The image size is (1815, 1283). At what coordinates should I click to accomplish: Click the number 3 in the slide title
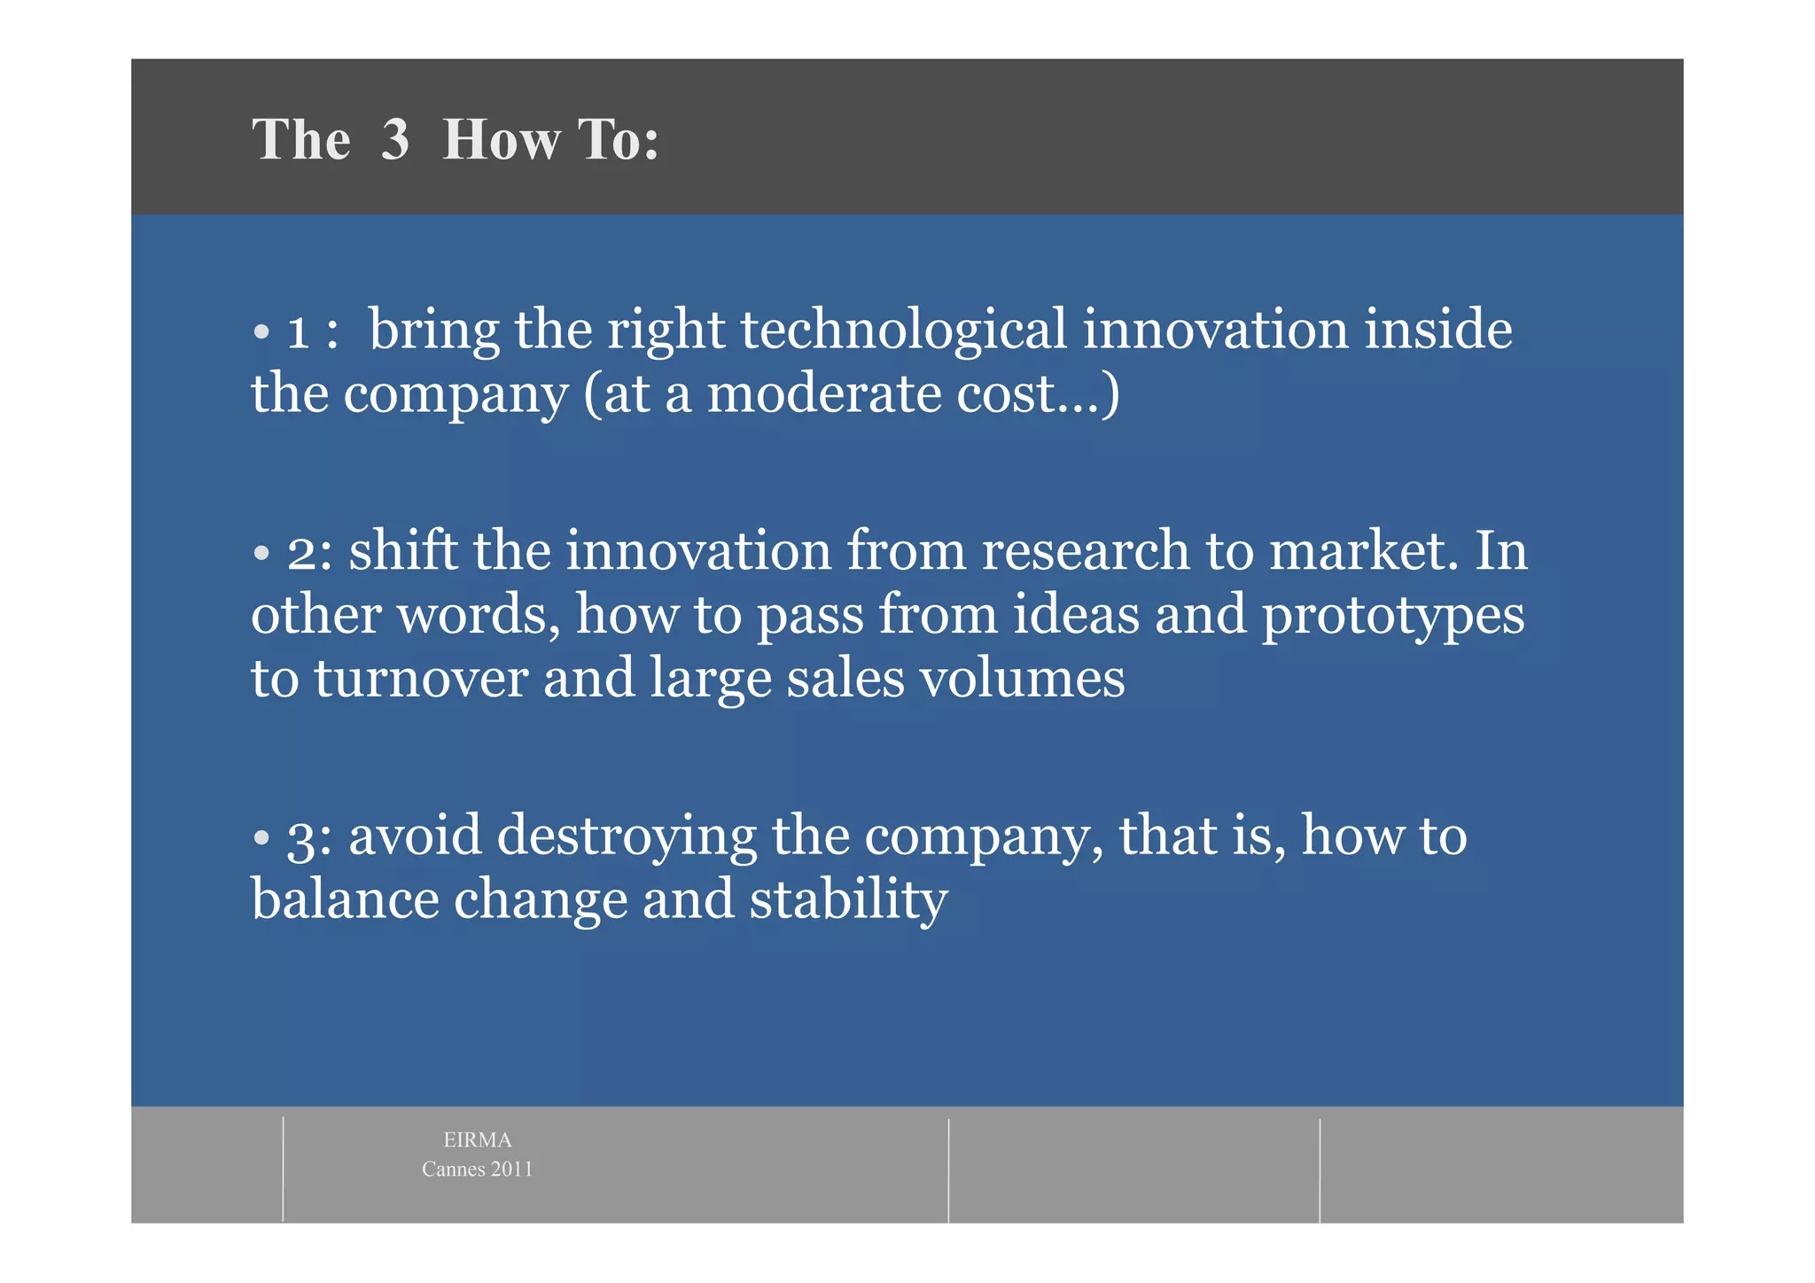point(395,140)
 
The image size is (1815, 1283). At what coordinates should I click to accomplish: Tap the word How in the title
point(502,140)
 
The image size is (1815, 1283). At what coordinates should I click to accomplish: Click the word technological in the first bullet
point(903,330)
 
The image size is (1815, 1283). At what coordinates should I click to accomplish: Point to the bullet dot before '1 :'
point(261,333)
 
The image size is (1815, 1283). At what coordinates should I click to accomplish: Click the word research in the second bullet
point(1085,550)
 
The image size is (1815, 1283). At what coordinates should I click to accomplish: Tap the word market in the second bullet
point(1363,550)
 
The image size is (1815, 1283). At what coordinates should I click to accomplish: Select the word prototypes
point(1392,616)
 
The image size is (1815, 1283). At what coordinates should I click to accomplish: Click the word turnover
point(421,679)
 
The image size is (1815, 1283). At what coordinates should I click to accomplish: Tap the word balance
point(345,899)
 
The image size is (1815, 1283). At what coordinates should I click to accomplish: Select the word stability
point(848,899)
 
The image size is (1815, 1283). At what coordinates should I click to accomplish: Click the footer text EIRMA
point(477,1140)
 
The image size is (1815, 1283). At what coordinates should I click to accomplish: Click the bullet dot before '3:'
point(261,838)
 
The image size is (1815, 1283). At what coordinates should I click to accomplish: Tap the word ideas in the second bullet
point(1075,614)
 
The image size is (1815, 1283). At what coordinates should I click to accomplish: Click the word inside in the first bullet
point(1437,330)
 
